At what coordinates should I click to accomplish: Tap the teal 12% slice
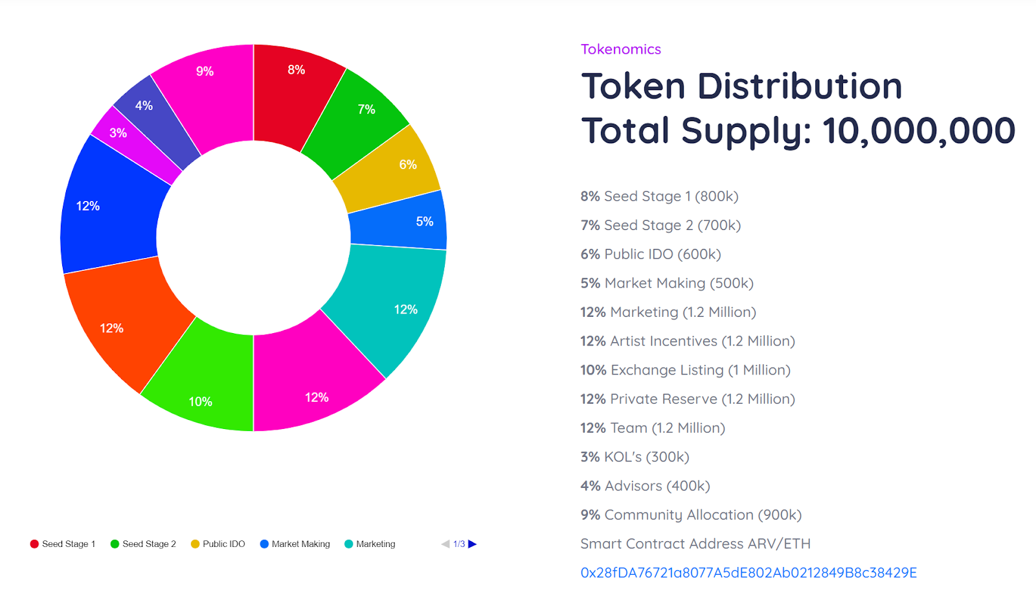pyautogui.click(x=392, y=305)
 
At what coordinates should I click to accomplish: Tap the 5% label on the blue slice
pyautogui.click(x=425, y=222)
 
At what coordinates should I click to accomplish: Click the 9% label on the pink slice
pyautogui.click(x=205, y=71)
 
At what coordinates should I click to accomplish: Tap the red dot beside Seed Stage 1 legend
pyautogui.click(x=34, y=544)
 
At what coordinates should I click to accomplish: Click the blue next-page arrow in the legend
pyautogui.click(x=473, y=544)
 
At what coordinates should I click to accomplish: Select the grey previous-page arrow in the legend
pyautogui.click(x=445, y=544)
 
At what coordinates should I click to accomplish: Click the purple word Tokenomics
pyautogui.click(x=620, y=49)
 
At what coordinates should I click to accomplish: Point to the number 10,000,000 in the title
pyautogui.click(x=918, y=131)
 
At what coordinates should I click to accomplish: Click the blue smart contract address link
pyautogui.click(x=749, y=573)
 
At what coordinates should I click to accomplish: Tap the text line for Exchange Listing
pyautogui.click(x=685, y=370)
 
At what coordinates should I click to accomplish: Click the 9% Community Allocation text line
pyautogui.click(x=691, y=515)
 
